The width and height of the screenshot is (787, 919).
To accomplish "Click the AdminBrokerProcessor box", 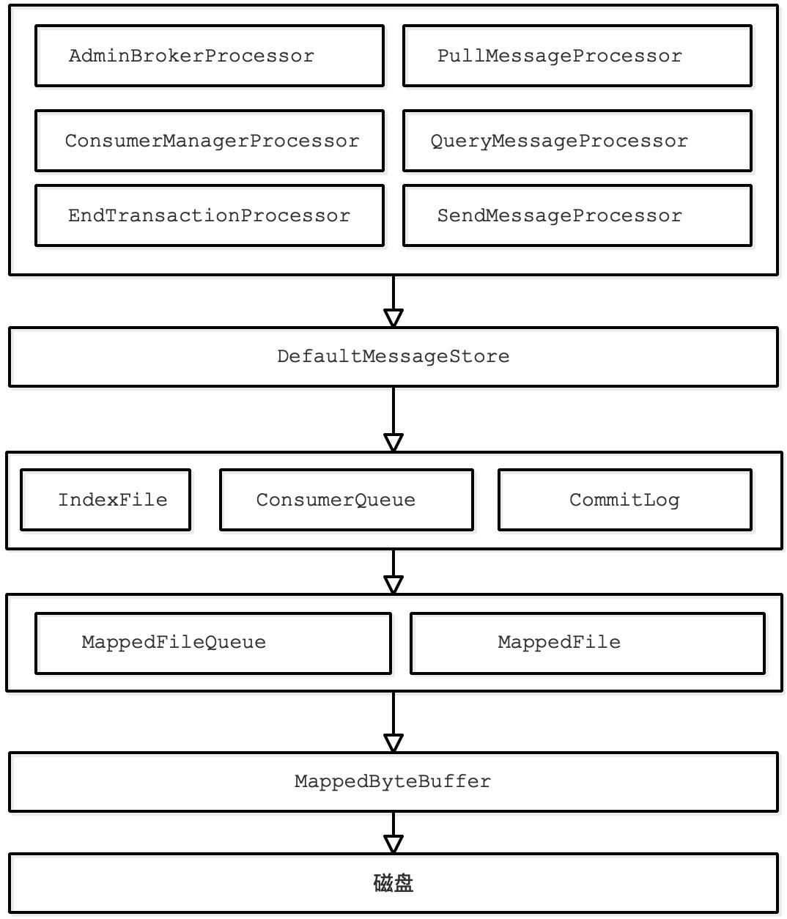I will click(209, 56).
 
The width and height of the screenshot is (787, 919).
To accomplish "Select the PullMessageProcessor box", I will click(577, 56).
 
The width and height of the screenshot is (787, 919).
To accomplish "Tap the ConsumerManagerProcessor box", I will click(209, 141).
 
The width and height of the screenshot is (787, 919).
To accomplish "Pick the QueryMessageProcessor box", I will click(577, 141).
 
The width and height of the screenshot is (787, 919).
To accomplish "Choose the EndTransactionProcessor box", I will click(209, 215).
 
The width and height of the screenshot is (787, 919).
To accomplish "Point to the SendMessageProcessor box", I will click(577, 215).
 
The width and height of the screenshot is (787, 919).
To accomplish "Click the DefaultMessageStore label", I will click(393, 357).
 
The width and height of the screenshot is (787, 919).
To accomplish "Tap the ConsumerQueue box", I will click(346, 500).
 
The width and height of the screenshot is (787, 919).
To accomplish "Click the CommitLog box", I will click(624, 500).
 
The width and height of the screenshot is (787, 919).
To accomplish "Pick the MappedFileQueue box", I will click(213, 643).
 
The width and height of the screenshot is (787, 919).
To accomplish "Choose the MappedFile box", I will click(587, 643).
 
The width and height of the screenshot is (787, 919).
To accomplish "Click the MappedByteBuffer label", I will click(393, 782).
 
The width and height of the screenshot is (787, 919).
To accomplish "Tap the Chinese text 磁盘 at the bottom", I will click(393, 883).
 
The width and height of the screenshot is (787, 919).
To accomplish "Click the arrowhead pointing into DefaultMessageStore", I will click(393, 318).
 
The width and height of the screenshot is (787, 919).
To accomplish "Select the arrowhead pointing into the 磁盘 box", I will click(393, 844).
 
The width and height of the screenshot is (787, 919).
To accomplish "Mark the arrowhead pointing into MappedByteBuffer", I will click(393, 743).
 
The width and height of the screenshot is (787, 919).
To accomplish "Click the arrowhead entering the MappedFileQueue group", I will click(393, 585).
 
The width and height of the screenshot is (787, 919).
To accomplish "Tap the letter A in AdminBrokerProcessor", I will click(75, 56).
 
